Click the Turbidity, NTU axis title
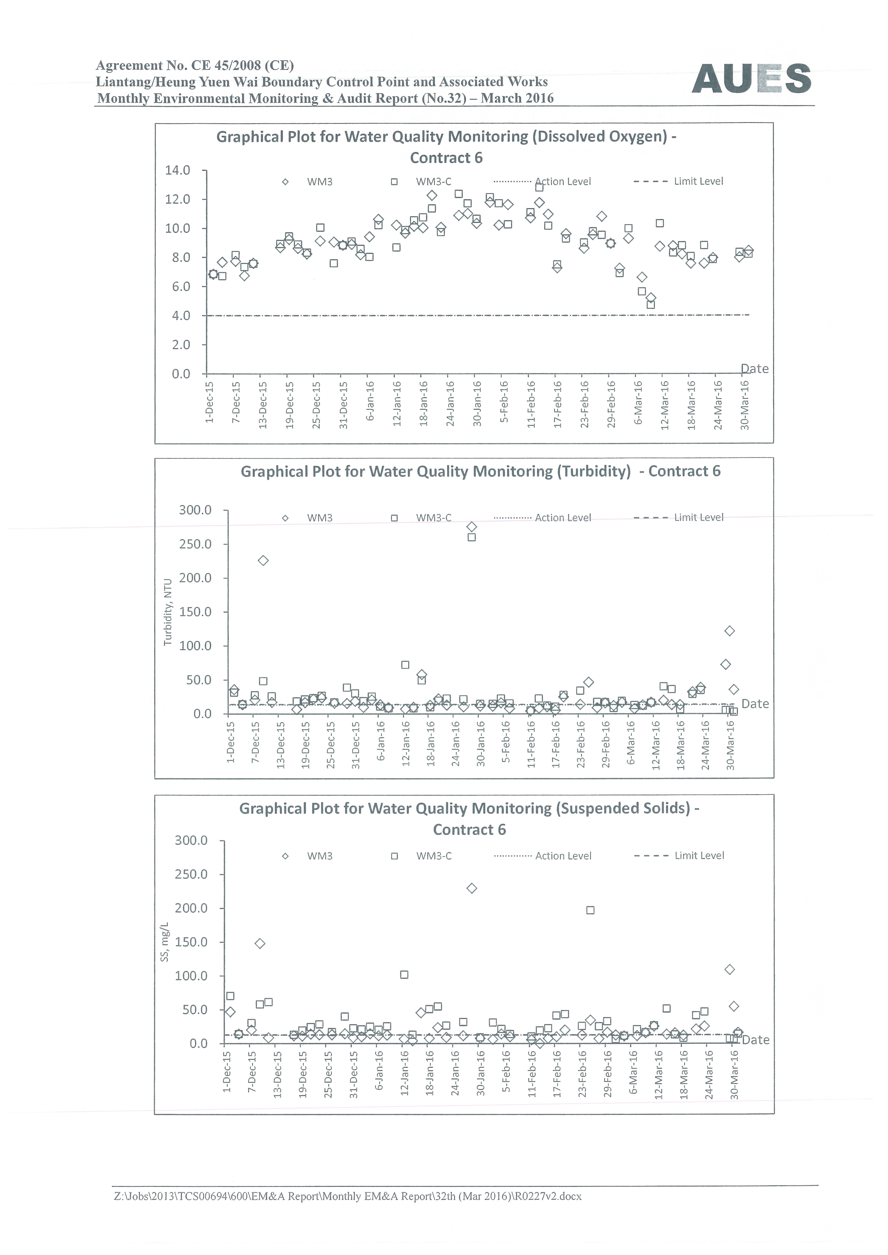(168, 612)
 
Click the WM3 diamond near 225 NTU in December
(263, 561)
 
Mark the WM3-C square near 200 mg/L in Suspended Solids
(590, 910)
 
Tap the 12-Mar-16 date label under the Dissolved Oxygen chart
(665, 405)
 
